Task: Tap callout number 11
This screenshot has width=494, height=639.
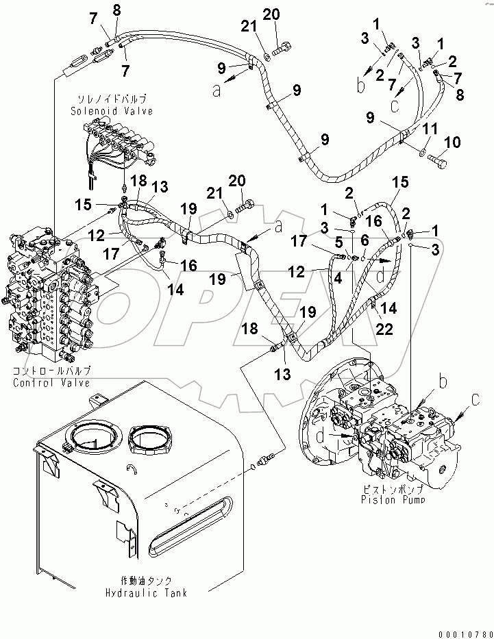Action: coord(430,129)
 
